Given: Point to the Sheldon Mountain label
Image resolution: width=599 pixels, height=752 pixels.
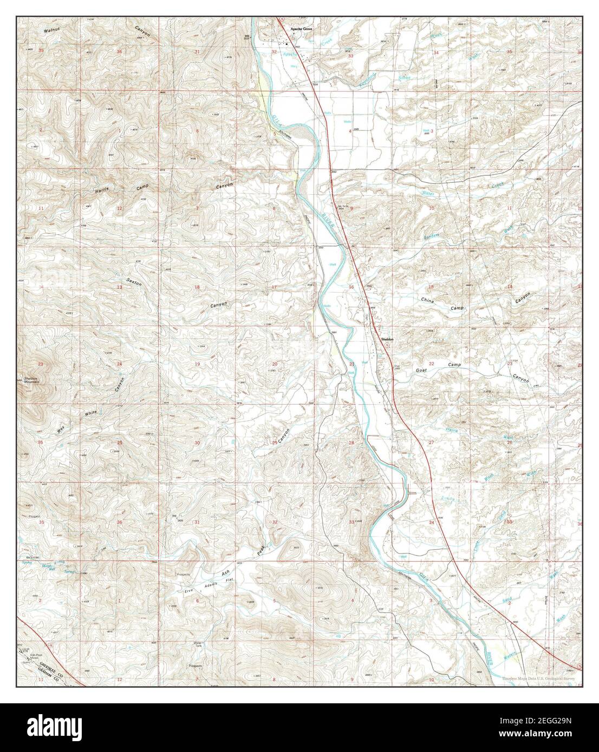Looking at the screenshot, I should (x=32, y=380).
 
